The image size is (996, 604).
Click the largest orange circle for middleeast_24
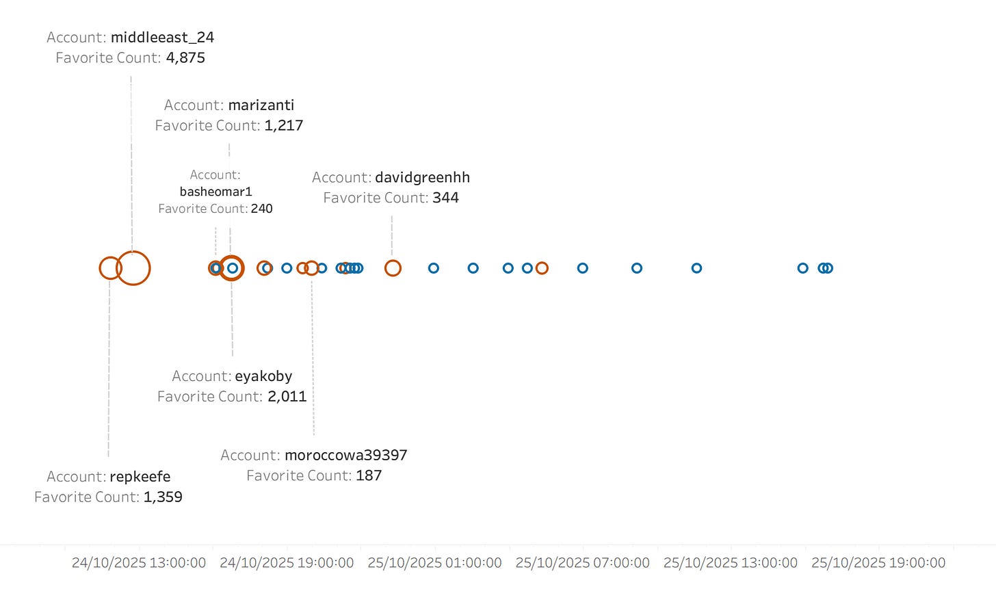[x=133, y=268]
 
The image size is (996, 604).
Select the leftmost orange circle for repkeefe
[x=109, y=268]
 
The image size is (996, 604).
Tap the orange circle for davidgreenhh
[x=393, y=268]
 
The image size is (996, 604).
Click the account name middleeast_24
[x=162, y=38]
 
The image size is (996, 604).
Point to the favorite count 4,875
[x=185, y=58]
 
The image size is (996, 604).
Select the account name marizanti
[x=261, y=105]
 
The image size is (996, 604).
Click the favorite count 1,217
[x=284, y=126]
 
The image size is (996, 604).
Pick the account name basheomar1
[x=215, y=192]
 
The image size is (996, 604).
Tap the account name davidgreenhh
[x=422, y=178]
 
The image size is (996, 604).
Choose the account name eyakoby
[x=263, y=376]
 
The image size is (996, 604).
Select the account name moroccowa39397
[x=345, y=456]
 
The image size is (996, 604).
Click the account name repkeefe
[x=140, y=477]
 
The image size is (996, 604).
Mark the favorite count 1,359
[x=163, y=497]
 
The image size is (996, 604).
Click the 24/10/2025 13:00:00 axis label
[x=139, y=563]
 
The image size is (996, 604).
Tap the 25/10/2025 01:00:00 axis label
[x=434, y=563]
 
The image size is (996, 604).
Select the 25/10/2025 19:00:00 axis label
[x=878, y=563]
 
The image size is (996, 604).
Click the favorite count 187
[x=369, y=476]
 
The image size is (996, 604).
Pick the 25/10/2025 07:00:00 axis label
[x=582, y=563]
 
